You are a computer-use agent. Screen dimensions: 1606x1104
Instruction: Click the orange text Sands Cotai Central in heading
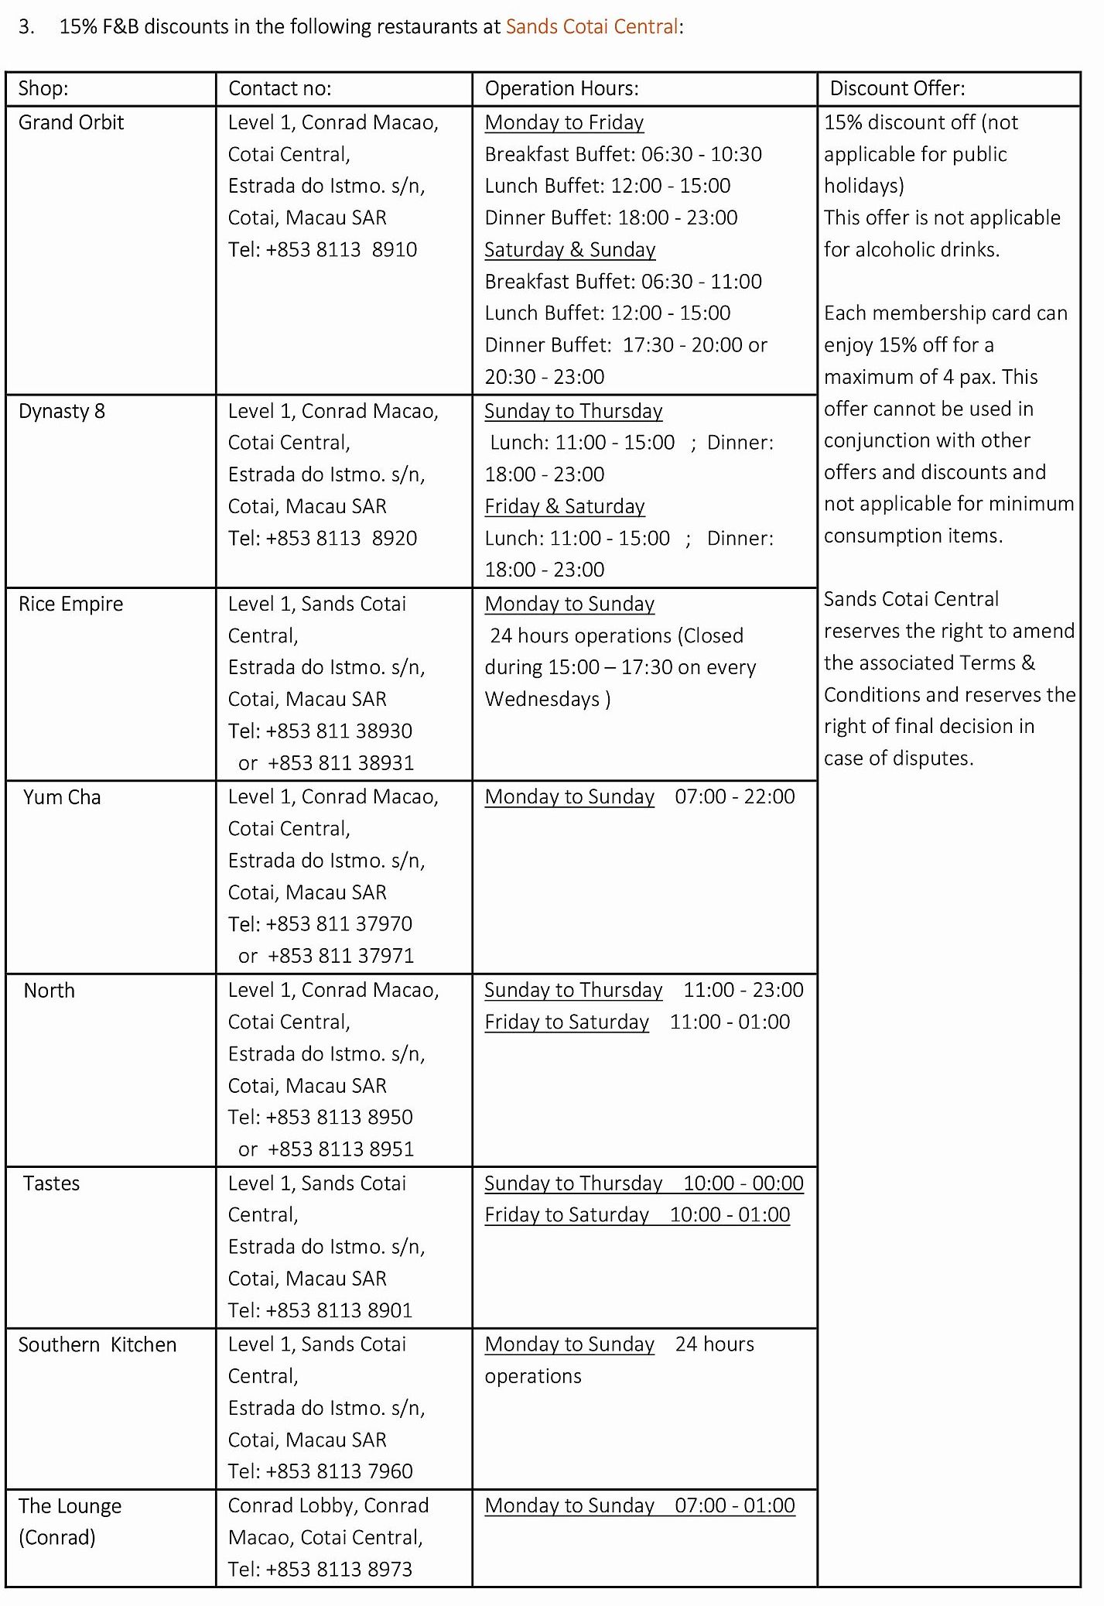coord(592,27)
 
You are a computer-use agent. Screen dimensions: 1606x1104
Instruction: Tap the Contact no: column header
coord(279,88)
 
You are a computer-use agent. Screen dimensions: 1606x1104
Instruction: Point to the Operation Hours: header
coord(562,88)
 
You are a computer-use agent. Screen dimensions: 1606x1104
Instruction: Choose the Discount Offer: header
coord(897,88)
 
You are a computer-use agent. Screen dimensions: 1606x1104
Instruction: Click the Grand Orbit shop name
coord(71,122)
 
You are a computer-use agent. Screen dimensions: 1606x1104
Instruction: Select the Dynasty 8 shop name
coord(62,411)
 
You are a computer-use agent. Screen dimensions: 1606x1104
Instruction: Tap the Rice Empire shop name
coord(71,604)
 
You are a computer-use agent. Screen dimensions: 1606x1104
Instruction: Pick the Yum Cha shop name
coord(62,797)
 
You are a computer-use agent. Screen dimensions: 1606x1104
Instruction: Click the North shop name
coord(50,991)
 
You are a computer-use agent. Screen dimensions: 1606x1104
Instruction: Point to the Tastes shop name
coord(52,1183)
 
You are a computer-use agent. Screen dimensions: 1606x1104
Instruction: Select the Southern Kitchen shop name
coord(97,1344)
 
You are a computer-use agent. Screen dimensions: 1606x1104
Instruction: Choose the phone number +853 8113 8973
coord(339,1569)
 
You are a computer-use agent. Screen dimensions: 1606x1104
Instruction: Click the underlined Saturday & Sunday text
coord(570,249)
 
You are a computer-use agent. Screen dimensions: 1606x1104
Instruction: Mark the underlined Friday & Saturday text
coord(565,506)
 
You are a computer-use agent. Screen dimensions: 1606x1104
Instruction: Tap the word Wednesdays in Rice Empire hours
coord(542,699)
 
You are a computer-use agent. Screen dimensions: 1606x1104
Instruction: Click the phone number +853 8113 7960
coord(339,1471)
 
